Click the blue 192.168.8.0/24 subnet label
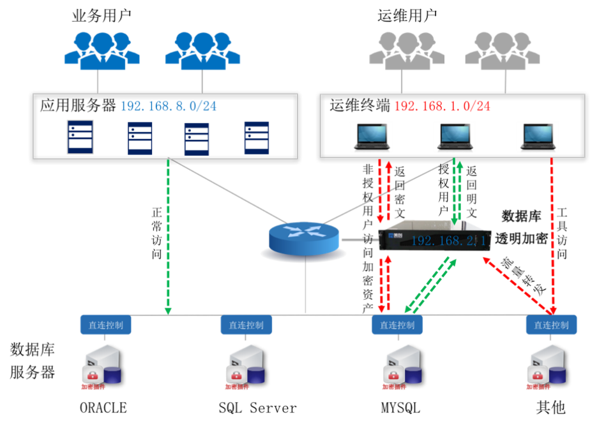pyautogui.click(x=169, y=107)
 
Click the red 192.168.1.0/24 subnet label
pyautogui.click(x=442, y=107)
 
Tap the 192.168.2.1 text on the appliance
pyautogui.click(x=450, y=241)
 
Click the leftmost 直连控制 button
pyautogui.click(x=106, y=324)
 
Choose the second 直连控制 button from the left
pyautogui.click(x=246, y=324)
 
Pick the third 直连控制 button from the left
pyautogui.click(x=397, y=324)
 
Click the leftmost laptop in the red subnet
pyautogui.click(x=371, y=137)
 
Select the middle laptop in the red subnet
pyautogui.click(x=455, y=137)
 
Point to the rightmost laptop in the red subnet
pyautogui.click(x=538, y=137)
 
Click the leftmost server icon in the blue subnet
pyautogui.click(x=80, y=137)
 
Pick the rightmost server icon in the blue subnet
pyautogui.click(x=257, y=137)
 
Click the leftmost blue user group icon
pyautogui.click(x=102, y=50)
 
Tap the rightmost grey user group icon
pyautogui.click(x=503, y=50)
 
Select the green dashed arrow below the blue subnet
pyautogui.click(x=168, y=236)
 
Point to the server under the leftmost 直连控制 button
pyautogui.click(x=102, y=365)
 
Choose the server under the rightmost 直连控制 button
pyautogui.click(x=547, y=365)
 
